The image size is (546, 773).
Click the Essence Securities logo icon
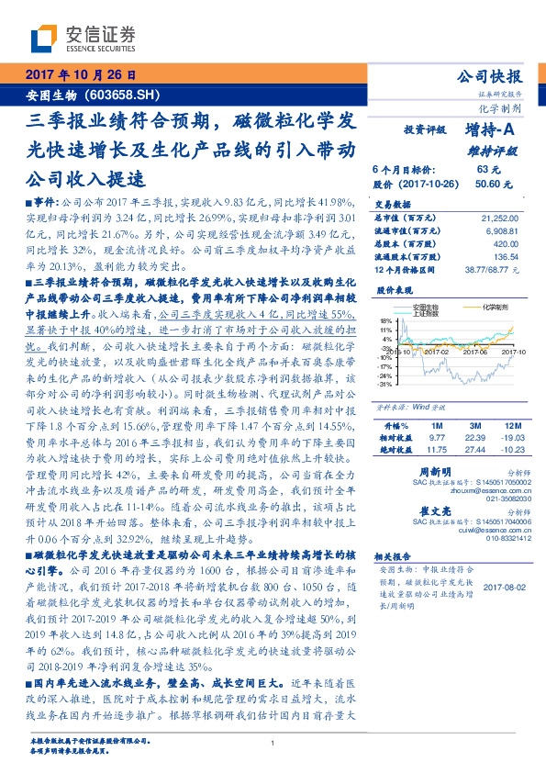point(46,38)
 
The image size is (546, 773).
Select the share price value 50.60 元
point(487,184)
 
